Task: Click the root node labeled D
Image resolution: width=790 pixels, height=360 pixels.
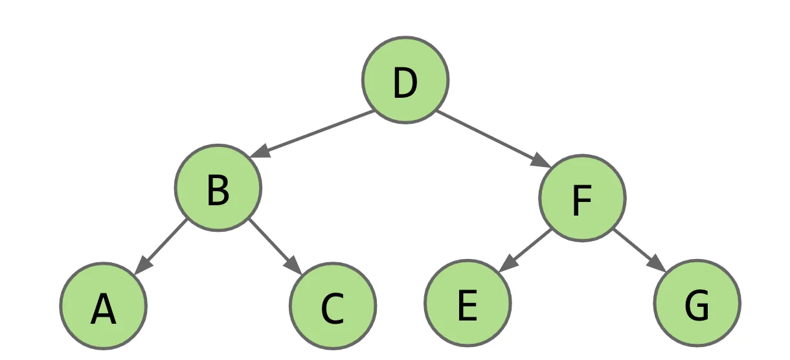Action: [405, 80]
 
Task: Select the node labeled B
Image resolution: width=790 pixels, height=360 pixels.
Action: [218, 188]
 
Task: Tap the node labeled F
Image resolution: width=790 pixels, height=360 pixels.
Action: [583, 198]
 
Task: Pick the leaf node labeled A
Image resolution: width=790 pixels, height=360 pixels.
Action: [104, 306]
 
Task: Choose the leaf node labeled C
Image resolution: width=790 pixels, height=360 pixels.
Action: [333, 306]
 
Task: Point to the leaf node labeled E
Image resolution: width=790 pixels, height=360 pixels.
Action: [468, 303]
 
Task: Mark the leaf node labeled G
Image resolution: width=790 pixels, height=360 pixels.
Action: [697, 303]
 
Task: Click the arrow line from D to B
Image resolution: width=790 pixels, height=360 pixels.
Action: [311, 134]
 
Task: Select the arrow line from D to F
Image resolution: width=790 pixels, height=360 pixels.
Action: [493, 139]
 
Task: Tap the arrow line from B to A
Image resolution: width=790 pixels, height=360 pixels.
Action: [161, 247]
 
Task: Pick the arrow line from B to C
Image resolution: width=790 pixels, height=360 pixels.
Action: [275, 247]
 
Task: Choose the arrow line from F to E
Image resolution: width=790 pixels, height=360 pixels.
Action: [525, 251]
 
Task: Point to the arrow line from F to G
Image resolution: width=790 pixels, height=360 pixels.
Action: [640, 251]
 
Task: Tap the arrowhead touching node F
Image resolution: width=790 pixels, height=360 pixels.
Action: [541, 161]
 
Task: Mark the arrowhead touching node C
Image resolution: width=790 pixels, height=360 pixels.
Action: [294, 266]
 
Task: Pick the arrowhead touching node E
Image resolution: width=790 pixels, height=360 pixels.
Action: [508, 264]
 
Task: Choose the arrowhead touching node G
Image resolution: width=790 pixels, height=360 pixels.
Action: [657, 264]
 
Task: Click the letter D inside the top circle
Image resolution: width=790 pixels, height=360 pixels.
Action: [405, 84]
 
